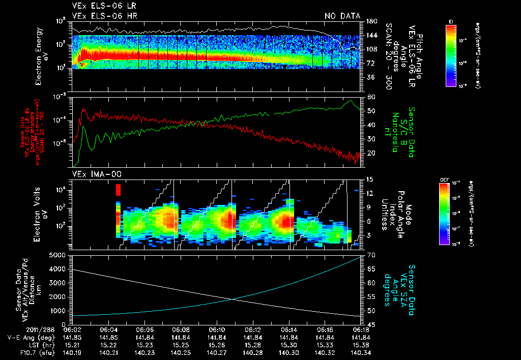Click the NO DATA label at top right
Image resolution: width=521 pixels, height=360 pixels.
coord(342,16)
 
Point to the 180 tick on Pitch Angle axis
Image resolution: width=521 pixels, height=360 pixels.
coord(371,21)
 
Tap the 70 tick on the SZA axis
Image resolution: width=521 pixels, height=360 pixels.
coord(370,255)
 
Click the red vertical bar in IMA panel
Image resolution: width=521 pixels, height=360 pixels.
coord(118,190)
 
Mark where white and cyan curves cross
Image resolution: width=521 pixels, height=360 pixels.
coord(233,299)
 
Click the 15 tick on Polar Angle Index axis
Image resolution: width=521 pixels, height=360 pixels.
coord(370,179)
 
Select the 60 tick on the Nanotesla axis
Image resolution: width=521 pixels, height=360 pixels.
coord(370,97)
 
